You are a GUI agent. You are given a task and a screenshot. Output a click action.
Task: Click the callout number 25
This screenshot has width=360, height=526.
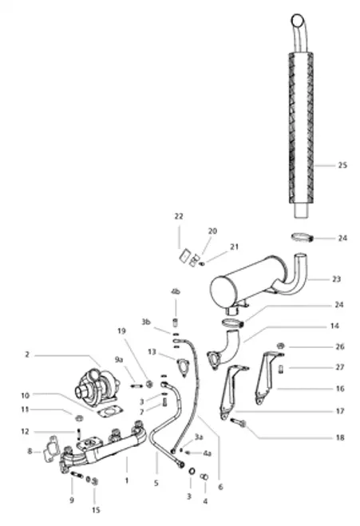point(342,165)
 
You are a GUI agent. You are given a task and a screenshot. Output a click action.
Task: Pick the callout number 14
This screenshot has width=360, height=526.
point(334,326)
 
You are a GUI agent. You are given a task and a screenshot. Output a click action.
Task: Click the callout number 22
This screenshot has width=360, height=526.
point(179,216)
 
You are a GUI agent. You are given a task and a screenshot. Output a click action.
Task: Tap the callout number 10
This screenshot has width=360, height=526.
point(25,396)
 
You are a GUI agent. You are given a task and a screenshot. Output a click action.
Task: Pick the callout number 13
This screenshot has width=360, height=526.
point(151,351)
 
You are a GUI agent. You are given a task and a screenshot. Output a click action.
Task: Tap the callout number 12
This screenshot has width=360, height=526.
point(25,432)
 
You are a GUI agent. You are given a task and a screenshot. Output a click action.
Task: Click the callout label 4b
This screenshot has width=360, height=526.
point(174,291)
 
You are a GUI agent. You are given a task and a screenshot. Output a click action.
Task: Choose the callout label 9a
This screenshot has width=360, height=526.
point(119,360)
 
